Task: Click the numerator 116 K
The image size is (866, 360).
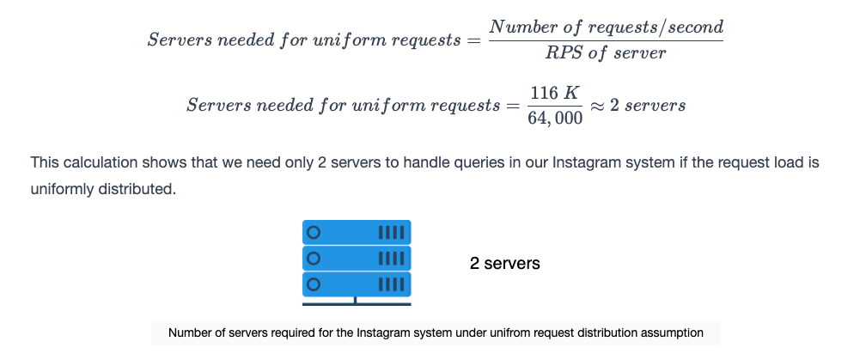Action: pos(555,93)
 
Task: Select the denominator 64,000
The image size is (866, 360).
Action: pos(555,118)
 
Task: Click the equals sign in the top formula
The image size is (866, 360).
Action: pos(474,40)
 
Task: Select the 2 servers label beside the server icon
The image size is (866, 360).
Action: pos(505,264)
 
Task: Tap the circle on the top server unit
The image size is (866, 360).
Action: pos(313,233)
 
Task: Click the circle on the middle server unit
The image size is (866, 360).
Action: pos(313,259)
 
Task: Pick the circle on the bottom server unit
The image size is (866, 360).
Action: pos(313,284)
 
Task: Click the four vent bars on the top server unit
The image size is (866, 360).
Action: pos(391,233)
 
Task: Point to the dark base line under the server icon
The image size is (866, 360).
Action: pos(357,303)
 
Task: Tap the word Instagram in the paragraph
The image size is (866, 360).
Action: pos(586,163)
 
